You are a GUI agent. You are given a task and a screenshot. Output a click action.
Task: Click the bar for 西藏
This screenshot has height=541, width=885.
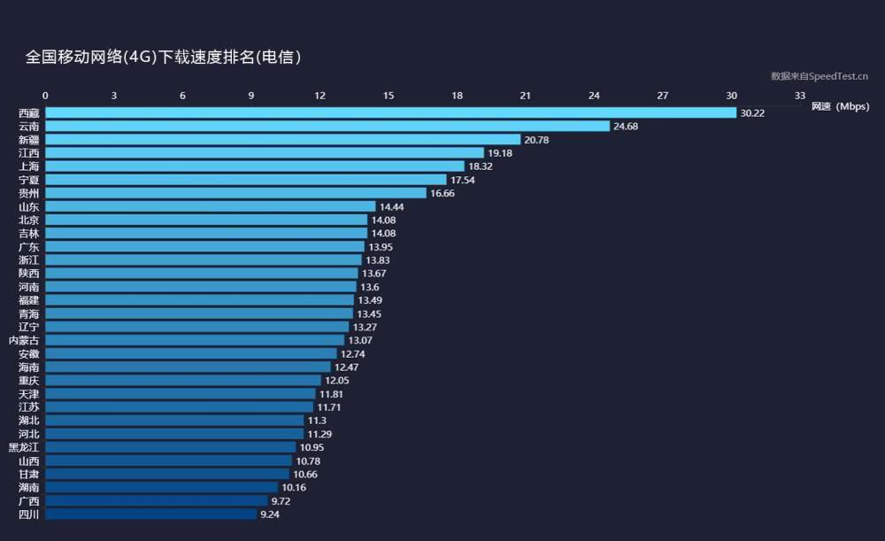390,112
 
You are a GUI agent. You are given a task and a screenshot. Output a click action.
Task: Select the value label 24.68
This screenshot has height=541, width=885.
626,127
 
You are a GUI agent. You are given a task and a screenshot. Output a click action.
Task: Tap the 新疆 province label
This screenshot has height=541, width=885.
28,140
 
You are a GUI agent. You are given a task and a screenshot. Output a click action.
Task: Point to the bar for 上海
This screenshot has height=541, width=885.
255,166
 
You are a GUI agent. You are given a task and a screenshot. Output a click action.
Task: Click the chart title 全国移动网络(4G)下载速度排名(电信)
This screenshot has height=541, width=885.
164,58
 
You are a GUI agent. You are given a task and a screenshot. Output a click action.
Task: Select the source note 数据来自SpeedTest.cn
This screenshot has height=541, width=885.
819,76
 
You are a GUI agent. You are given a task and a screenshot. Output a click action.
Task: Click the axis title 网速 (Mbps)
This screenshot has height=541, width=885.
840,106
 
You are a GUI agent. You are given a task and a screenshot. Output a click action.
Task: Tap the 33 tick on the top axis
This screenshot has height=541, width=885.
800,96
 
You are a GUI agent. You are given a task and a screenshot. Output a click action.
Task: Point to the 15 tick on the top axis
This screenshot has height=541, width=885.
389,96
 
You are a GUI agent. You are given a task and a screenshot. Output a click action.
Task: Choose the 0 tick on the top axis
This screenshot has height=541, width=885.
46,96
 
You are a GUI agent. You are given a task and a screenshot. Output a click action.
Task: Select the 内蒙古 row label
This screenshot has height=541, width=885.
23,340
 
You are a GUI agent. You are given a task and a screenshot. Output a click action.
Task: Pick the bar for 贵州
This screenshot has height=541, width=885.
235,193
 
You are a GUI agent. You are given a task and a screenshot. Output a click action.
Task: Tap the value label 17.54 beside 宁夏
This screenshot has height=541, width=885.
463,180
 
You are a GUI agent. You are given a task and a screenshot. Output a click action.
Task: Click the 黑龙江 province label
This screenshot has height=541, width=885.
23,447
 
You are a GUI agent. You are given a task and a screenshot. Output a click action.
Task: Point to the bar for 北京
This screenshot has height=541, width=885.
206,220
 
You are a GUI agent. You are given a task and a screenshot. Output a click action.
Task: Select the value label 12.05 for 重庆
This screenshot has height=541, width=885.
337,381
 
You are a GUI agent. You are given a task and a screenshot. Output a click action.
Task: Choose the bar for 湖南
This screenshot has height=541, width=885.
161,487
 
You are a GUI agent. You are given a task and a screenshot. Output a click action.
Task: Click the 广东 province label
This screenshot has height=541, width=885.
28,247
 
